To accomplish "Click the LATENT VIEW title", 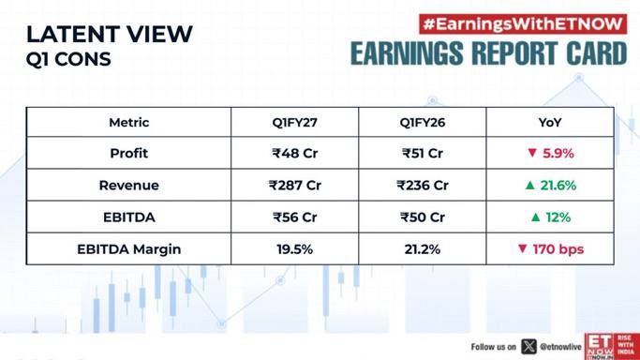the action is click(x=110, y=35).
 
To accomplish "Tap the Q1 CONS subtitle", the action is click(x=68, y=59).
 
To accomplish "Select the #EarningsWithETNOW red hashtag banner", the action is click(x=523, y=24).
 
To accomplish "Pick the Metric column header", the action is click(x=129, y=123).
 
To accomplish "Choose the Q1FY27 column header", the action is click(x=294, y=123).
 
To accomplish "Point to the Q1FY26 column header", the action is click(x=423, y=123).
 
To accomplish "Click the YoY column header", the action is click(x=550, y=123).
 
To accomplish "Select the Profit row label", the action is click(x=129, y=154).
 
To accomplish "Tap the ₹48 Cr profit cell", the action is click(x=294, y=154).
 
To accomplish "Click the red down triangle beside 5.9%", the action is click(x=532, y=153).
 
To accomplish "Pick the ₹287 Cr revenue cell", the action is click(x=294, y=186).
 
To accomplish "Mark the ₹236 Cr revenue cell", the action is click(x=423, y=186).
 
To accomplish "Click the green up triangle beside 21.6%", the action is click(x=529, y=186).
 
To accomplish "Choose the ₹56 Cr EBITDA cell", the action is click(x=294, y=217).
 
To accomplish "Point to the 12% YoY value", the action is click(x=558, y=217).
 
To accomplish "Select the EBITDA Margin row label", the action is click(x=129, y=249).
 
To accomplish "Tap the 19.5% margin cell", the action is click(x=294, y=249).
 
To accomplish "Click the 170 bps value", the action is click(x=558, y=249).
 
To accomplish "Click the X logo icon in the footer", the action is click(x=528, y=347).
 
